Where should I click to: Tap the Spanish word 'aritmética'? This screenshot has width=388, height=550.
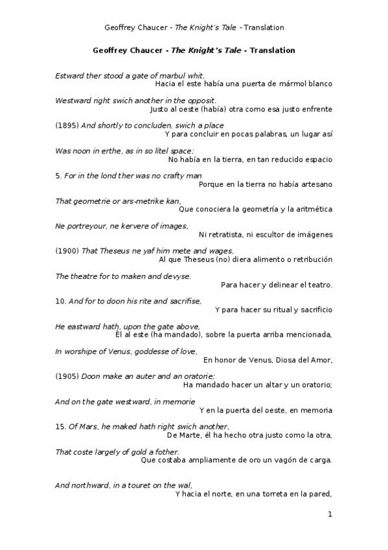[311, 209]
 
